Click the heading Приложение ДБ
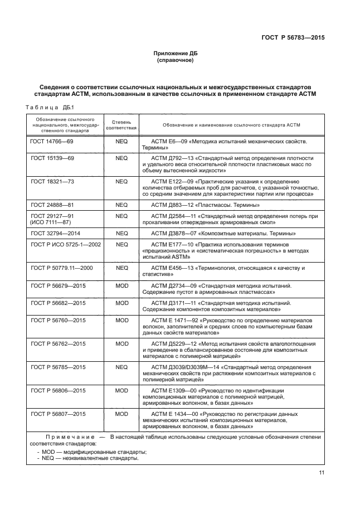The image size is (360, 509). (x=175, y=53)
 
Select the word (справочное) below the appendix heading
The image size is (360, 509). (x=175, y=60)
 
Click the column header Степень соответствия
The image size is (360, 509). (x=121, y=124)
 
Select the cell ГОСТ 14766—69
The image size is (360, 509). (x=52, y=142)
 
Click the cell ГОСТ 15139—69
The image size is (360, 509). (x=52, y=158)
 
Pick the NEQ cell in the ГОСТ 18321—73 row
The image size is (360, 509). (x=121, y=181)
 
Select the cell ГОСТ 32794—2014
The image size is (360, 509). (x=56, y=233)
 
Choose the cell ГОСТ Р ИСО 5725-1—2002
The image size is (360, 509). (x=66, y=244)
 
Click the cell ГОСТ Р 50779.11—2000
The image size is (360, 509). (x=62, y=268)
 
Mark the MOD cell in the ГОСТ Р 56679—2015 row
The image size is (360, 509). (x=121, y=285)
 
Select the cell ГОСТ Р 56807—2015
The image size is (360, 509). (x=58, y=414)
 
